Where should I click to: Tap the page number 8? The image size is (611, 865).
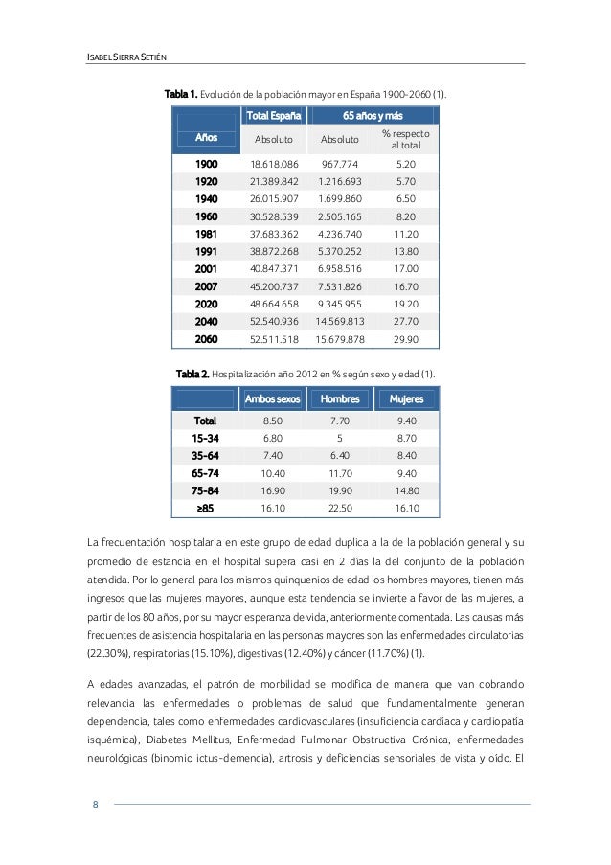coord(95,804)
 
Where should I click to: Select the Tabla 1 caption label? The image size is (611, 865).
coord(181,95)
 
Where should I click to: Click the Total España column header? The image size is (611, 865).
coord(274,116)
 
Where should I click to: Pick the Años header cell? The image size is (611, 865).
coord(206,138)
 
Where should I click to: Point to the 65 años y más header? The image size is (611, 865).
coord(373,116)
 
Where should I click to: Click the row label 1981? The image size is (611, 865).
coord(206,233)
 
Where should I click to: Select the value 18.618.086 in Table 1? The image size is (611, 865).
coord(274,164)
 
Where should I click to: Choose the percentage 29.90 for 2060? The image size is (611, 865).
coord(405,339)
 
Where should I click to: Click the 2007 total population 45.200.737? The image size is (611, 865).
coord(274,285)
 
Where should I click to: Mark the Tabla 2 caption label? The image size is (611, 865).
coord(192,372)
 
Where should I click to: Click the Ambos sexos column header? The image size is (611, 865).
coord(273,398)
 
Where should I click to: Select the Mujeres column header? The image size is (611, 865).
coord(406,398)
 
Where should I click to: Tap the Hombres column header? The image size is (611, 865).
coord(340,398)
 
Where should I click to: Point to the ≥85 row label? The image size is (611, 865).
coord(205,508)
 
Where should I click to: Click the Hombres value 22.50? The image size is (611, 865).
coord(340,508)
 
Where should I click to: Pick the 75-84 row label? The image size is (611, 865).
coord(205,490)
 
